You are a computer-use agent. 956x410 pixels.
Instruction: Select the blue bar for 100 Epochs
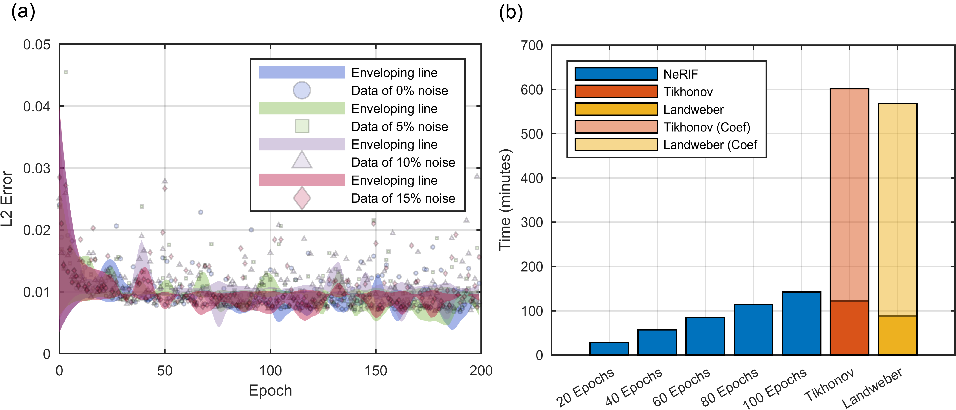801,323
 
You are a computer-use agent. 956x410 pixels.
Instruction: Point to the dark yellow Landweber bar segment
897,335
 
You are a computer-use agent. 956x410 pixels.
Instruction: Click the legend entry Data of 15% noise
403,198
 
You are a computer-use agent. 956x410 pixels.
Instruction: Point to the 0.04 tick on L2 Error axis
37,107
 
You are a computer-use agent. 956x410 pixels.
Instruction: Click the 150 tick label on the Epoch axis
376,371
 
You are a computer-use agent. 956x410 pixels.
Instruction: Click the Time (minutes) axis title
505,200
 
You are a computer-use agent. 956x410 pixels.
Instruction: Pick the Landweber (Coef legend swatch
616,145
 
